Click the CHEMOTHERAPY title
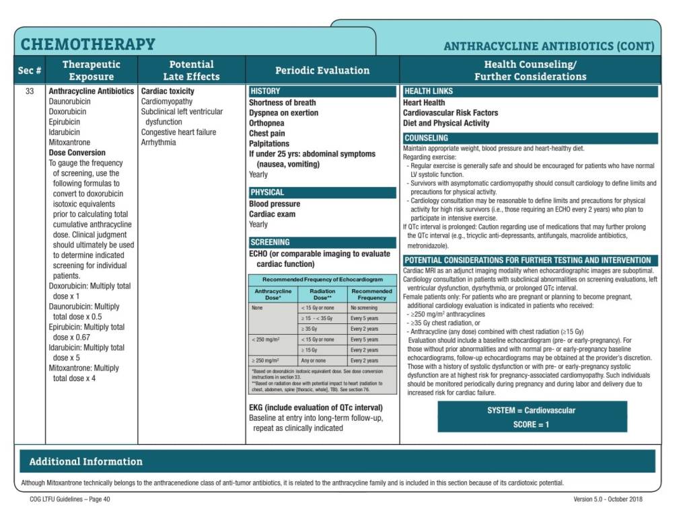click(x=88, y=44)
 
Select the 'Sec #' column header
click(x=30, y=70)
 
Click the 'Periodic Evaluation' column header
click(x=322, y=70)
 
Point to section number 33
click(x=30, y=91)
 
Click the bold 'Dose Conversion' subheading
click(x=77, y=153)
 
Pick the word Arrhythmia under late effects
click(x=158, y=143)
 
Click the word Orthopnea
click(x=266, y=123)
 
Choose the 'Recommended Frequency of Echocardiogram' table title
click(x=322, y=279)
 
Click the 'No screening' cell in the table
click(x=364, y=307)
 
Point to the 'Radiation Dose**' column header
click(x=322, y=294)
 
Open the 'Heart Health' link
click(x=424, y=103)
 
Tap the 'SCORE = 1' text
click(x=532, y=424)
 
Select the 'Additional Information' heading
click(x=85, y=462)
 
